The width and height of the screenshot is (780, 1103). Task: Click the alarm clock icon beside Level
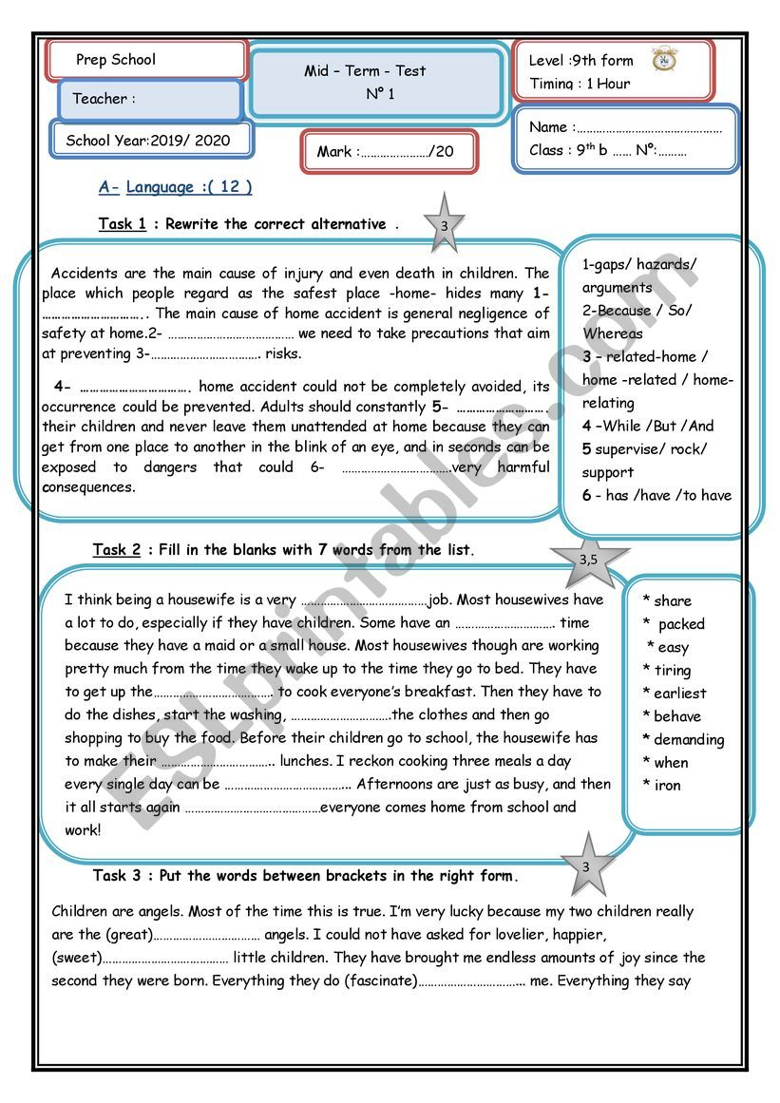click(664, 59)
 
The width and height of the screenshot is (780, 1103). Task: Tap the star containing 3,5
click(589, 559)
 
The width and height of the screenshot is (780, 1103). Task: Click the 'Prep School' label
click(116, 60)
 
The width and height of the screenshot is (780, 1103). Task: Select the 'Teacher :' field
click(105, 99)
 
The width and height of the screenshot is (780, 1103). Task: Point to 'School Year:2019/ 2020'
click(148, 141)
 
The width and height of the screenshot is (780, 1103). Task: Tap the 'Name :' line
click(625, 127)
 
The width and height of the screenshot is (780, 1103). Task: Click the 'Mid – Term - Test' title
click(365, 71)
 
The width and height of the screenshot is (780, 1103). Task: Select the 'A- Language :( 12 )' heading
click(176, 187)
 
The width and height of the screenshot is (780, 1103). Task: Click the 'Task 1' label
click(123, 224)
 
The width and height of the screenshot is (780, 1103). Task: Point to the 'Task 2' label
click(117, 550)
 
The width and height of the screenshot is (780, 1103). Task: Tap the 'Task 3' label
click(117, 875)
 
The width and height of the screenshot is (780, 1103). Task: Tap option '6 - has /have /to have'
click(656, 495)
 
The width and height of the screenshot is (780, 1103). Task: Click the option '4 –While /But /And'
click(647, 426)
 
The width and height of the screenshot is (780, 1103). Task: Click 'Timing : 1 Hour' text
click(580, 84)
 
